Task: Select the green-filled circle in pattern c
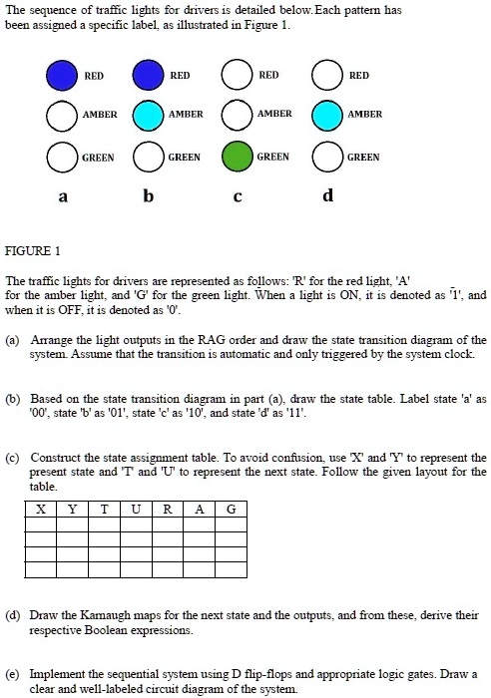237,158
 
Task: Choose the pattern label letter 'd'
326,196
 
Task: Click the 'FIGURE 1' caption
34,248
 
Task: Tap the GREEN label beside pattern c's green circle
273,157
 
